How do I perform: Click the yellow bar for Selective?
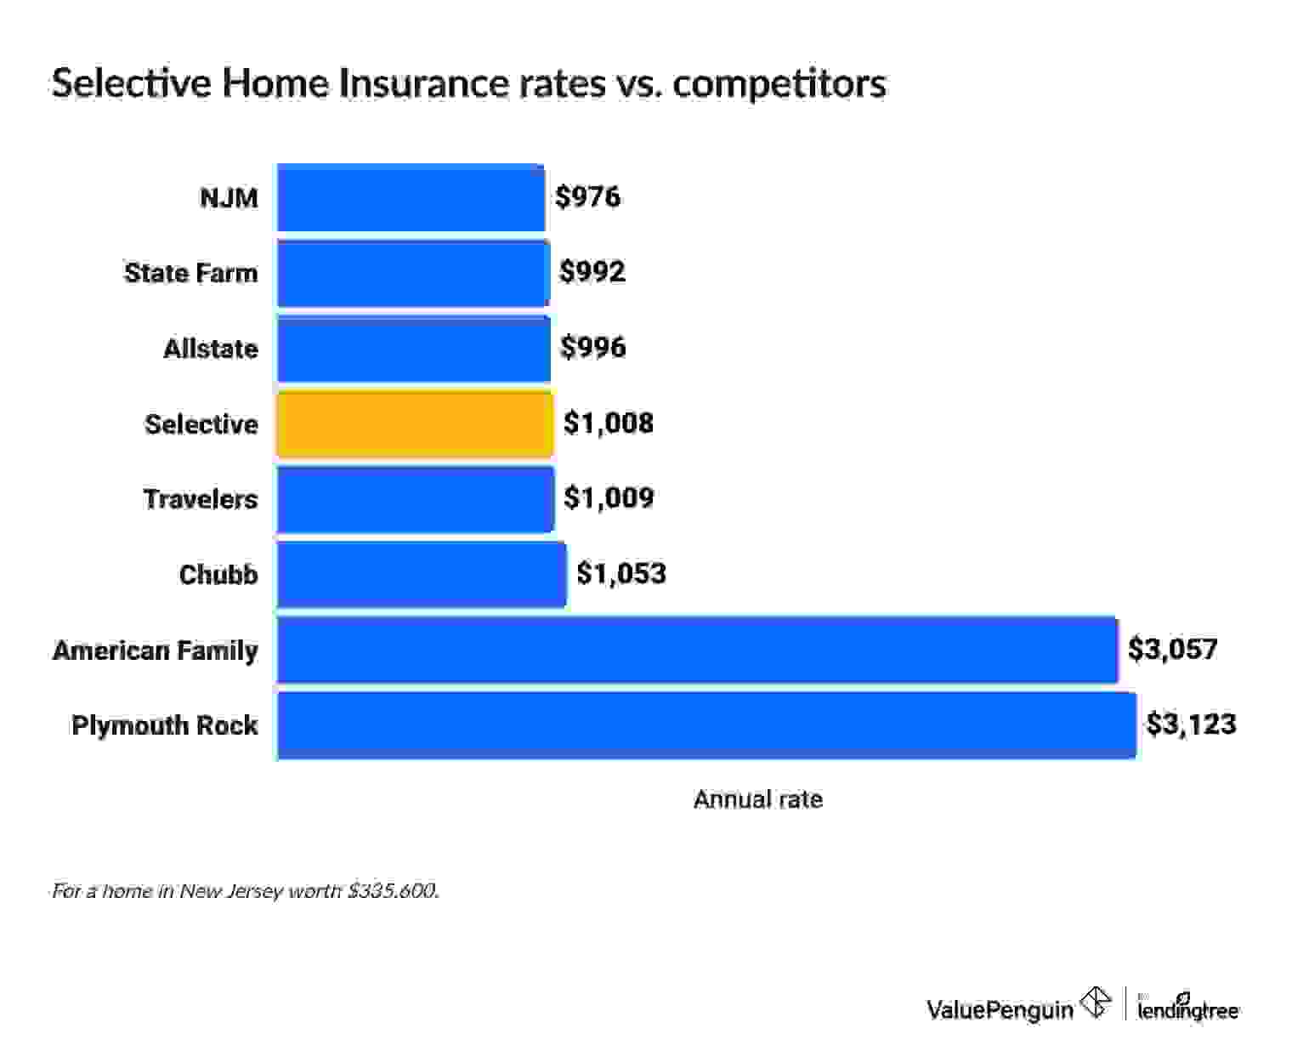415,423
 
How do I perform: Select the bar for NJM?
411,197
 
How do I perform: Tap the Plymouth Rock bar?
705,725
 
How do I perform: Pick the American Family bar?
697,650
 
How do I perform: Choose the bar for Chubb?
422,575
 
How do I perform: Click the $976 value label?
587,197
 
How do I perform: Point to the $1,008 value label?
609,423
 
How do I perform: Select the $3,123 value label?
1191,724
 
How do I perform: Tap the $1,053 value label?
620,574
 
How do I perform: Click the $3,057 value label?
1172,650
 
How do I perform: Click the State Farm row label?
190,273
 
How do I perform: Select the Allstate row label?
211,349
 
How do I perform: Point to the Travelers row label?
200,499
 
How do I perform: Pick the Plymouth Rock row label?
164,725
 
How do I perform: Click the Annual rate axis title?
757,799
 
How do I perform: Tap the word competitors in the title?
779,83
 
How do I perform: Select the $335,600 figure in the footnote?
393,891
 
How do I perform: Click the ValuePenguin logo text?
1000,1009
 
